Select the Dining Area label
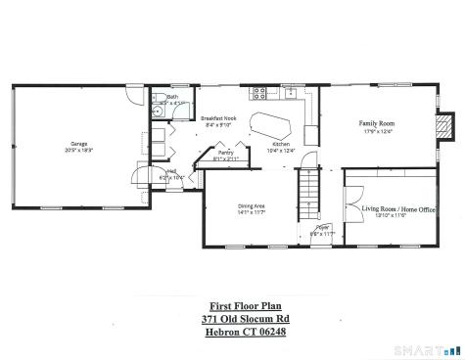pyautogui.click(x=254, y=205)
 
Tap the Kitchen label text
pyautogui.click(x=282, y=144)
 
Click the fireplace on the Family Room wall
pyautogui.click(x=444, y=125)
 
